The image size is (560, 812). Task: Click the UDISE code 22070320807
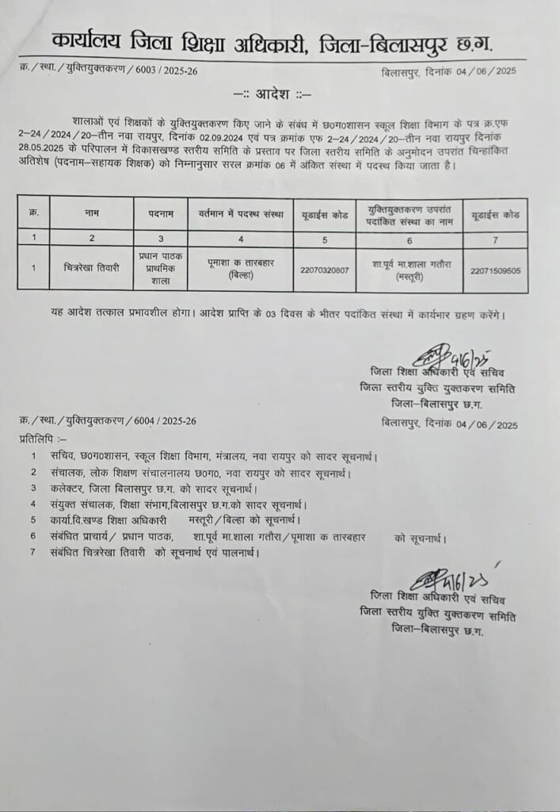324,269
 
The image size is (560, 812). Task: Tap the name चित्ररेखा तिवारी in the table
91,268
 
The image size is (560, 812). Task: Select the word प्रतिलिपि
39,438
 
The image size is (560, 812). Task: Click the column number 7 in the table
495,236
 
